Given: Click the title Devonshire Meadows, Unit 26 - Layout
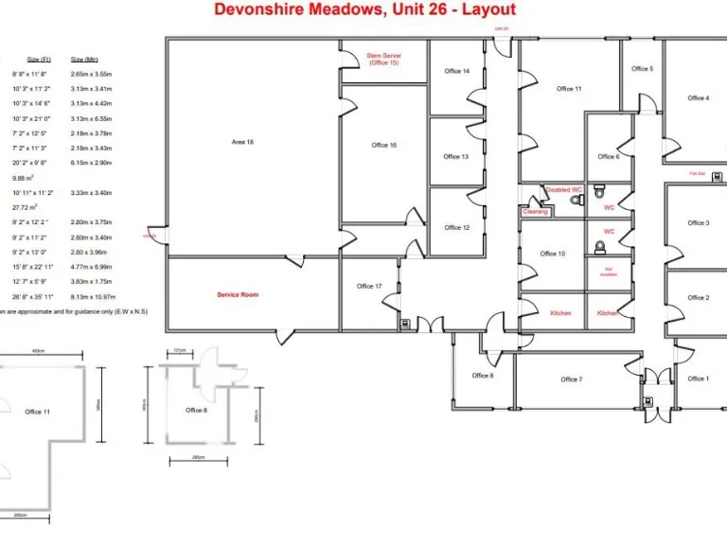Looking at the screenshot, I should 364,9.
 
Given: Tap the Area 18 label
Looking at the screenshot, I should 242,142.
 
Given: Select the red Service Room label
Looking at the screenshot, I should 238,294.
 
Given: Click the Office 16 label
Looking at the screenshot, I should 383,145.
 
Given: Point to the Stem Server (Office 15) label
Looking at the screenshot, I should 383,59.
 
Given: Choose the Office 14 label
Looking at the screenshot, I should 457,71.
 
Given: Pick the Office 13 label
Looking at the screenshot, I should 457,156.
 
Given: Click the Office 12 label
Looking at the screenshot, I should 457,227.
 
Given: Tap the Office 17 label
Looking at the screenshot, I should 369,286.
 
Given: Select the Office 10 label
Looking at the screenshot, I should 553,254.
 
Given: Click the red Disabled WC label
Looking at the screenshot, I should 563,189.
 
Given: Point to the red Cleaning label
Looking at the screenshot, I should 535,212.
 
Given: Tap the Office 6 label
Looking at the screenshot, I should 608,156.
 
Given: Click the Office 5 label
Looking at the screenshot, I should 642,68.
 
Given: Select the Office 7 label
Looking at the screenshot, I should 571,379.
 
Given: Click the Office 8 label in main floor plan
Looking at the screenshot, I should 482,376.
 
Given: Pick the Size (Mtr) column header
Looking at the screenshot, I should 84,59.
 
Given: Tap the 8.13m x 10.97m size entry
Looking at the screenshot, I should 91,295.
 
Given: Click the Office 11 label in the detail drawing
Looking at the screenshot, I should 38,412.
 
